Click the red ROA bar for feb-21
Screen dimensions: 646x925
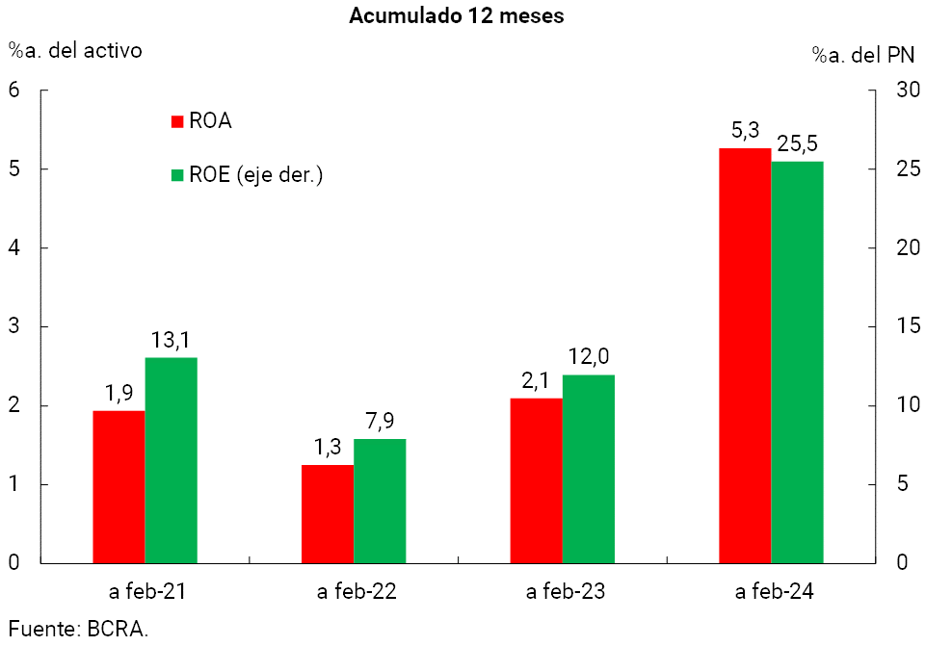(x=119, y=486)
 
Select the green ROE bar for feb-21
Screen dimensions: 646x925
(x=171, y=459)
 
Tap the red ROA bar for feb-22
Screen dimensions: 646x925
(x=328, y=513)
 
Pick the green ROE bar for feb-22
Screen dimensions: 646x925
(x=380, y=500)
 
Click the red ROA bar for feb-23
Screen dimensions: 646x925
(x=536, y=479)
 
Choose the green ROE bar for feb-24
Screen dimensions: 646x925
(x=797, y=361)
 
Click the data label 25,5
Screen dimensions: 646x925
(x=798, y=143)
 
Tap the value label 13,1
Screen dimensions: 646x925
(x=171, y=340)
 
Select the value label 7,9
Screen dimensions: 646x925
(x=380, y=421)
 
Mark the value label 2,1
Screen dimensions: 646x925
(x=536, y=381)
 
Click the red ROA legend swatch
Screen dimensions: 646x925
(x=176, y=121)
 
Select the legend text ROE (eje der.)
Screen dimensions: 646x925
(x=255, y=175)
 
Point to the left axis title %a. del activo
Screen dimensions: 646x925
(x=75, y=50)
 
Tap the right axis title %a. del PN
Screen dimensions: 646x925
(x=862, y=56)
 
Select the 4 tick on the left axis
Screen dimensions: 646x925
(x=14, y=247)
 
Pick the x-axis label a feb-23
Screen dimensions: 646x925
(x=567, y=592)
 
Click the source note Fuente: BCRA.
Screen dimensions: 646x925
(x=79, y=630)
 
